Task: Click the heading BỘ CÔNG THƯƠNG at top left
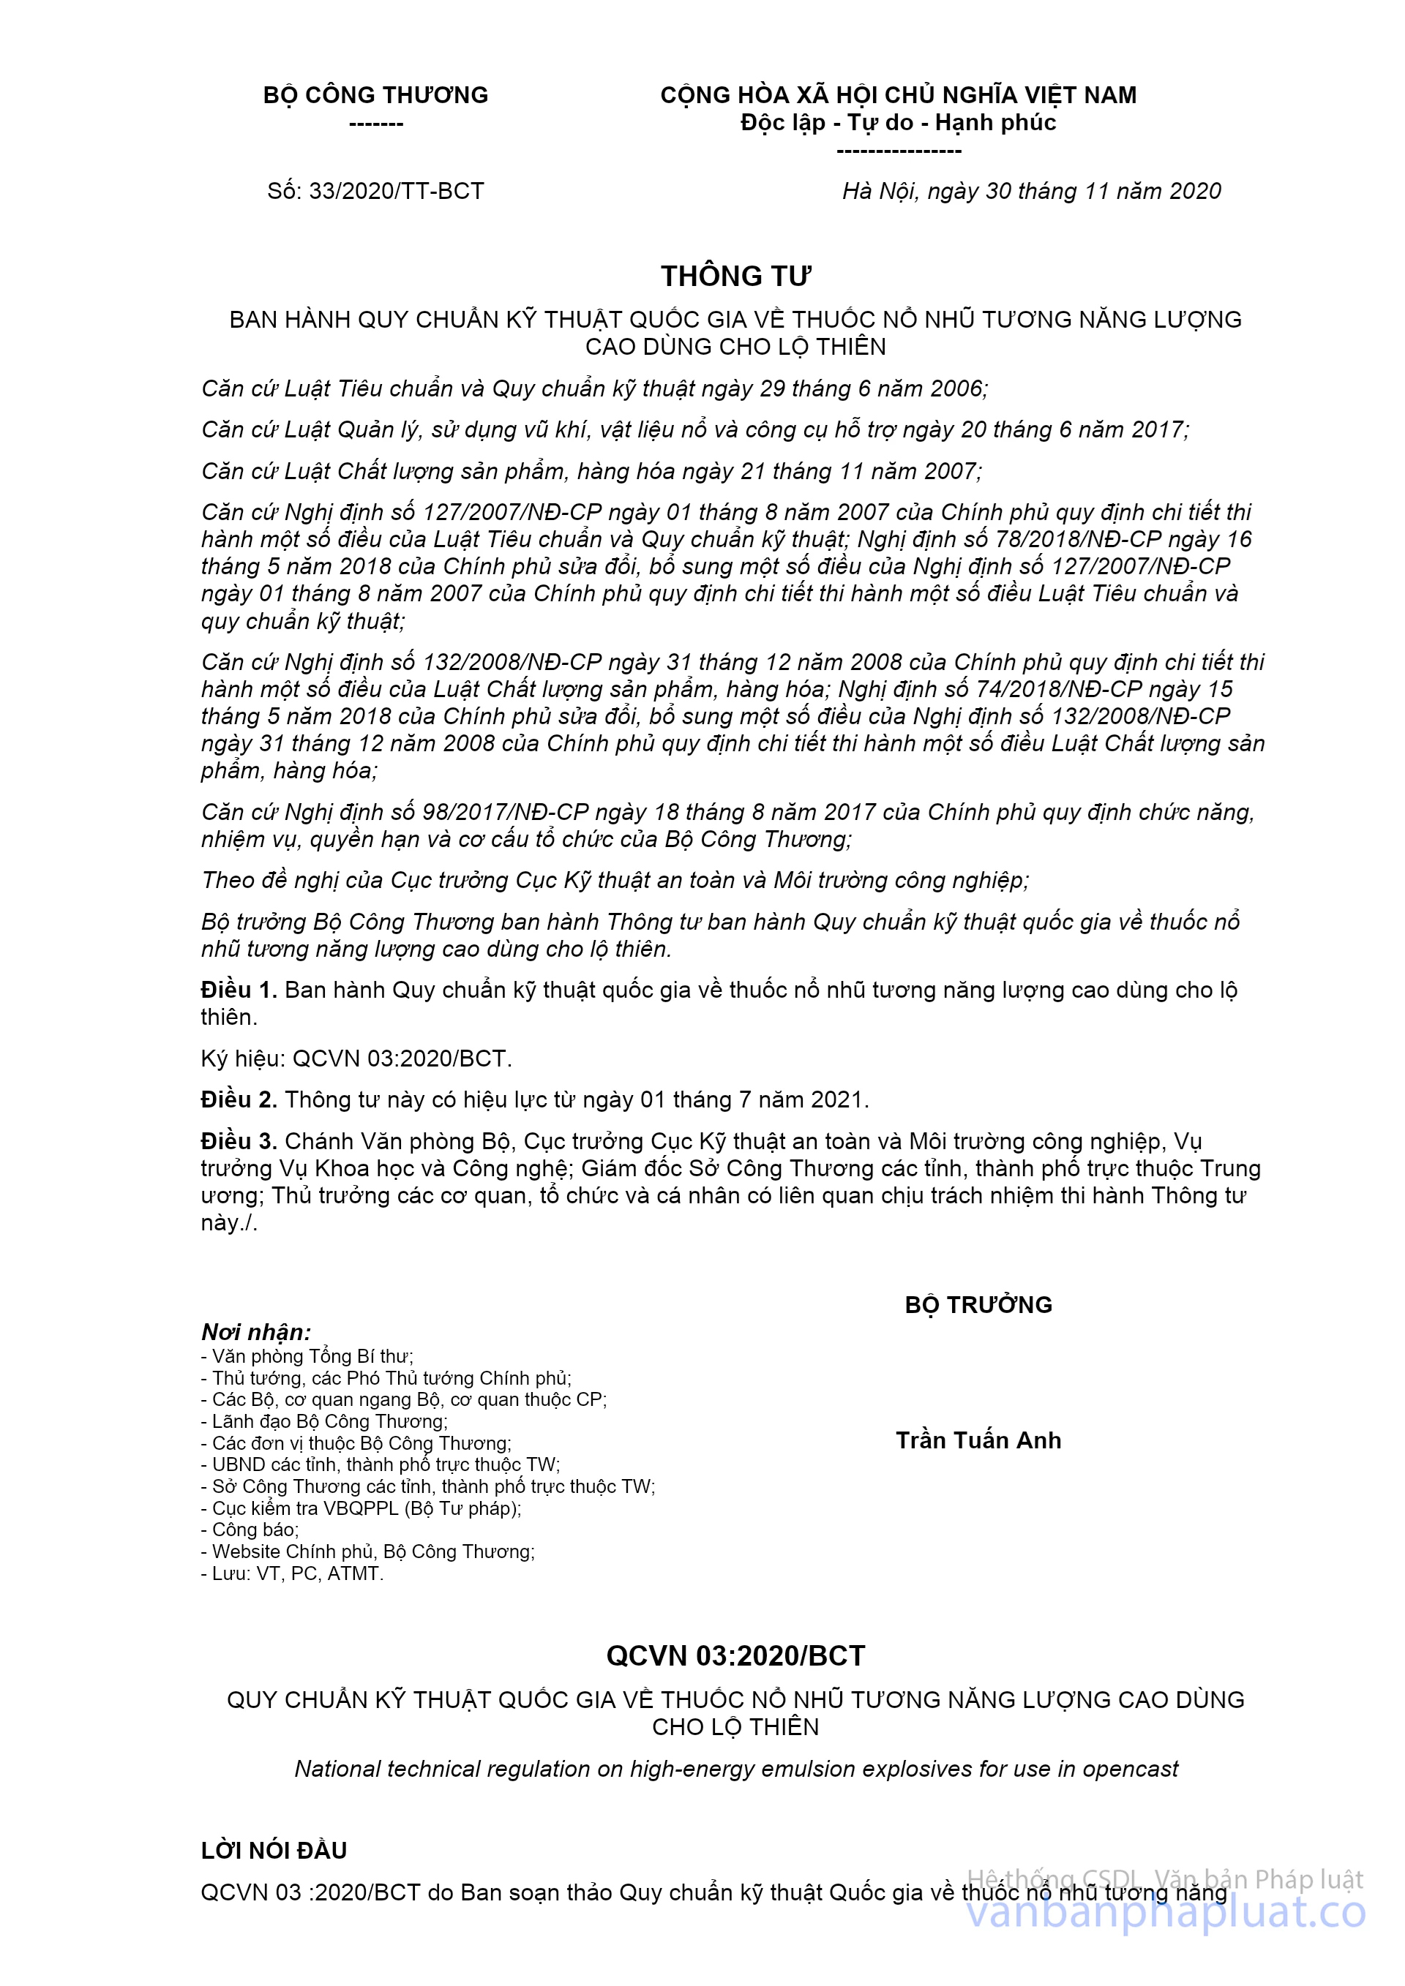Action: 375,95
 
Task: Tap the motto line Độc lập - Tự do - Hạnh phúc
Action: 898,123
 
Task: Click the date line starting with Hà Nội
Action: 1031,191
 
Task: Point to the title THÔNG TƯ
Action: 735,276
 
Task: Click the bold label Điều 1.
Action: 239,990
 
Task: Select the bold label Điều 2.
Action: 239,1100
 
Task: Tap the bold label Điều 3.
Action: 239,1142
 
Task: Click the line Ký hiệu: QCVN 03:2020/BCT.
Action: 356,1058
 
